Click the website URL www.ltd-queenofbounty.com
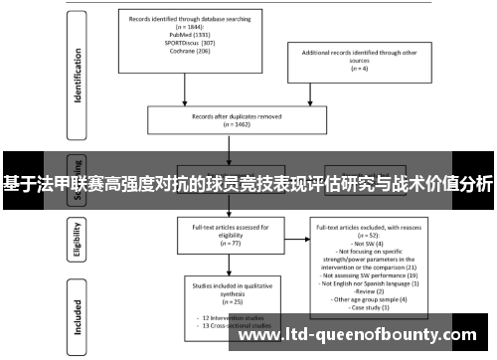364,334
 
